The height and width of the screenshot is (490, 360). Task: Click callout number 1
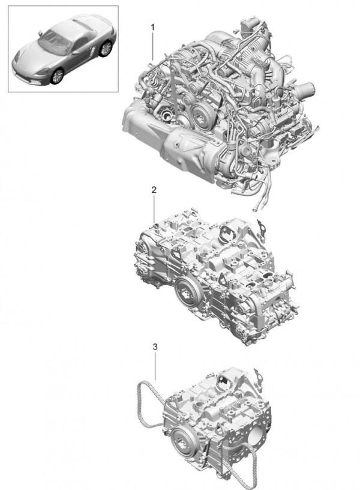click(152, 28)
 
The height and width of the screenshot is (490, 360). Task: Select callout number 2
click(154, 190)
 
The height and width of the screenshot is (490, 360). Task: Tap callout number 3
click(155, 346)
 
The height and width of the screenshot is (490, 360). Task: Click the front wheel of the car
click(57, 76)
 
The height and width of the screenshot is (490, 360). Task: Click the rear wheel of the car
click(106, 49)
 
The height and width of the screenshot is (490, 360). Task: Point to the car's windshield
click(55, 42)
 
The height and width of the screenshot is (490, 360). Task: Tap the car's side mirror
click(40, 33)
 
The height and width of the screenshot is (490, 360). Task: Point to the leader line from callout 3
click(155, 366)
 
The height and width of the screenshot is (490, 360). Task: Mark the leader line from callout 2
click(154, 209)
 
